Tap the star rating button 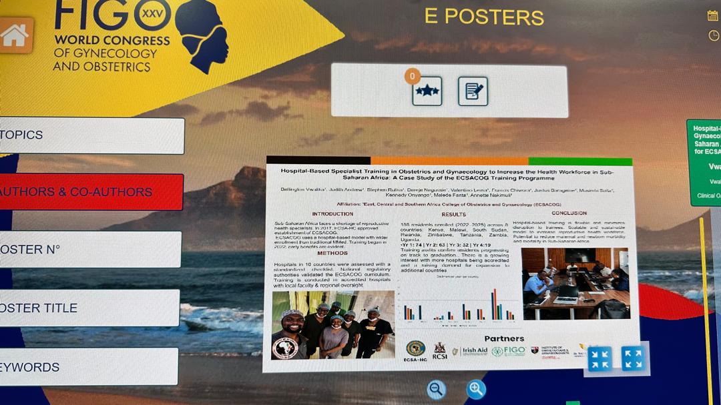427,91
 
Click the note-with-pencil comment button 473,91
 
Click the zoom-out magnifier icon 437,389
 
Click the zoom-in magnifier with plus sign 476,389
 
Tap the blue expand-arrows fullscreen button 632,358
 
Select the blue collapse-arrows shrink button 599,358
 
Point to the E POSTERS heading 483,17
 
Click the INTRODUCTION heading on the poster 332,214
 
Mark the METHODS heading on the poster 332,253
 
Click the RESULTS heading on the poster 453,214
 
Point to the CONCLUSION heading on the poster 569,214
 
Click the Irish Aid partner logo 474,351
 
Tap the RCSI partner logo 439,351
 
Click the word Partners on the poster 504,339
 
